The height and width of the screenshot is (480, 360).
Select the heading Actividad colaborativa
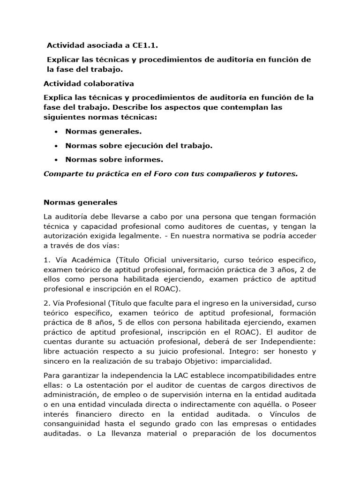[x=89, y=84]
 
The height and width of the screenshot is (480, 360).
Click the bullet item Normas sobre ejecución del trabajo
[x=139, y=146]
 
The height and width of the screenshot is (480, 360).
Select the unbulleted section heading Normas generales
[x=80, y=202]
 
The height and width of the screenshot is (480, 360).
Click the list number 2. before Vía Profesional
[x=46, y=303]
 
